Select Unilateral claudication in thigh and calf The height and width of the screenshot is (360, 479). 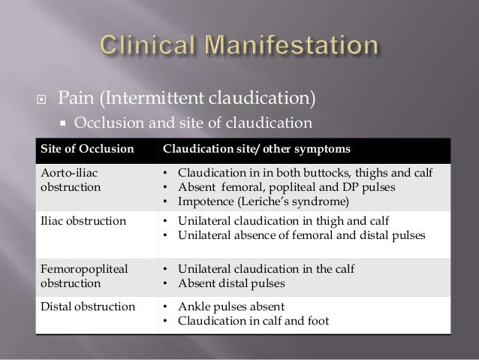(267, 222)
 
